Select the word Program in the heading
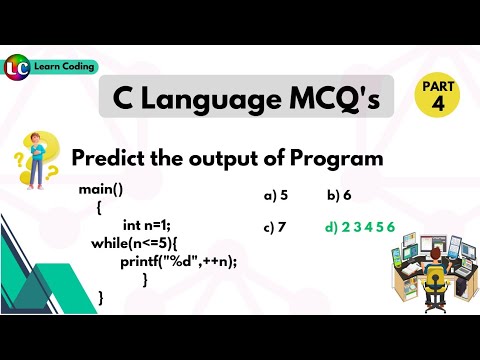point(336,158)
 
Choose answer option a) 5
point(276,197)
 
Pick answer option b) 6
point(339,197)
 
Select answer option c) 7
point(276,227)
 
